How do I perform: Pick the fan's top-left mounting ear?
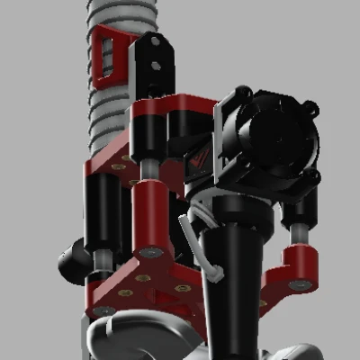pos(239,94)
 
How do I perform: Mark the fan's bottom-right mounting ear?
pos(311,181)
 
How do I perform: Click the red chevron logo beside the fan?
pos(200,161)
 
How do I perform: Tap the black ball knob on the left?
pos(74,262)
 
